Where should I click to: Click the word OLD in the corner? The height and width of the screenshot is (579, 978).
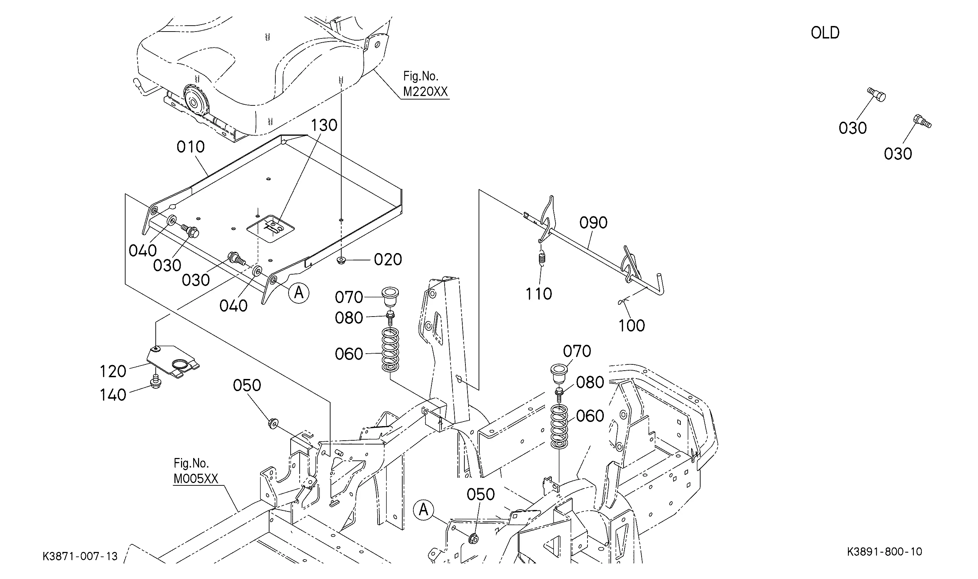[825, 33]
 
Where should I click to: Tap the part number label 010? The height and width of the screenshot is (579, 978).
[190, 147]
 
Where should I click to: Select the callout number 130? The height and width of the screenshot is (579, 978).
[324, 126]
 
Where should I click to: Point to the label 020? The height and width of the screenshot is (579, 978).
[388, 259]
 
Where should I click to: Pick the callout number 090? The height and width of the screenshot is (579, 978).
[593, 223]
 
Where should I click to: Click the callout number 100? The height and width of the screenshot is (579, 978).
[632, 326]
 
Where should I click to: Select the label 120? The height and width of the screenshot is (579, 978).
[113, 371]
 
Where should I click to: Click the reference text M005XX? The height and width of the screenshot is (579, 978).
[196, 479]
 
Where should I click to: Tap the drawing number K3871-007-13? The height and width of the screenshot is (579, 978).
[80, 556]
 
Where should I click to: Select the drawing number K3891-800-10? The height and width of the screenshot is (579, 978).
[884, 552]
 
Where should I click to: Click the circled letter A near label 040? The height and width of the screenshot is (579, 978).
[299, 293]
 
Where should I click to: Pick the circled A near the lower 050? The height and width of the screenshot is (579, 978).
[423, 510]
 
